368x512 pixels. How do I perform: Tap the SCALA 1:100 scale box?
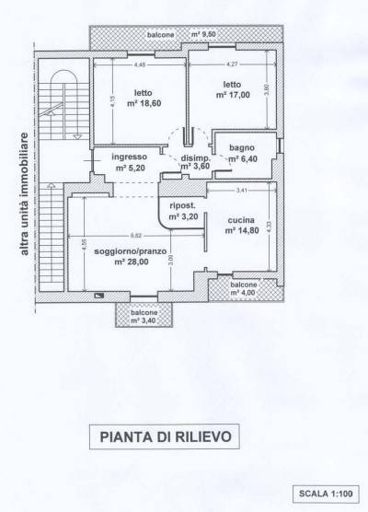[325, 494]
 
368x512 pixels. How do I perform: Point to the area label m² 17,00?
[232, 94]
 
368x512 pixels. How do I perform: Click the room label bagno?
[245, 146]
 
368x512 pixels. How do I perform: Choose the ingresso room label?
[129, 157]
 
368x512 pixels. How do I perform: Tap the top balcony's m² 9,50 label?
[209, 34]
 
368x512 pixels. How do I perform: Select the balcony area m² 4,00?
[244, 295]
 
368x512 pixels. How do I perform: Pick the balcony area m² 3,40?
[143, 320]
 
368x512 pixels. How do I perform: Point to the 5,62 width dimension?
[135, 236]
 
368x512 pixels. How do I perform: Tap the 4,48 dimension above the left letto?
[140, 65]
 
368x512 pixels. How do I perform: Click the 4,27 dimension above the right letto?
[232, 64]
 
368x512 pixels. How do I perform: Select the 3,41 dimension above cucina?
[242, 191]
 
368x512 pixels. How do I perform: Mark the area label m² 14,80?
[242, 231]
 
